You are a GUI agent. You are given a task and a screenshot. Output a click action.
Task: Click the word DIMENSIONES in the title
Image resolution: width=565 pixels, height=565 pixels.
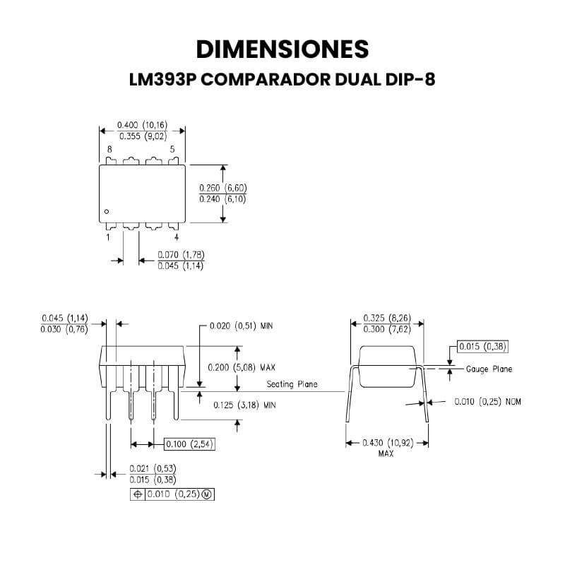(x=282, y=49)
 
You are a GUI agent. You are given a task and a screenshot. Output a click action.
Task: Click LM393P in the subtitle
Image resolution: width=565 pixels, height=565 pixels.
(x=162, y=79)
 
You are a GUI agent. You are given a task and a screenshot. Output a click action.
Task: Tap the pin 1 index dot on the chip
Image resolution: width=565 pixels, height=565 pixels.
(x=107, y=211)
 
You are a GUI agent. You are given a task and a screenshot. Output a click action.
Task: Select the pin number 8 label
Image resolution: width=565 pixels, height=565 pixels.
(x=109, y=149)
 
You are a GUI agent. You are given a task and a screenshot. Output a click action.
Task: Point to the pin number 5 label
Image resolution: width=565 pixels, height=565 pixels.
(x=172, y=149)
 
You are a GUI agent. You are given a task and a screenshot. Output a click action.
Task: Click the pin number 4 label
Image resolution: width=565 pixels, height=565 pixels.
(x=177, y=237)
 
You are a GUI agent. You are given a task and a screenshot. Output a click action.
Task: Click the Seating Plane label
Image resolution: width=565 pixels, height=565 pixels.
(x=292, y=384)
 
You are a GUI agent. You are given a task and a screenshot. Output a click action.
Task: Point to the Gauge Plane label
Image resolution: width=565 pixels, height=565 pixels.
(x=489, y=369)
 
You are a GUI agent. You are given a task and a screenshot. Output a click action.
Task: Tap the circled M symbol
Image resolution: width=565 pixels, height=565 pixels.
(x=207, y=494)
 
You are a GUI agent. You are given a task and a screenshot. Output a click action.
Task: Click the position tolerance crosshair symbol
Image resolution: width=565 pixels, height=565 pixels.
(x=138, y=494)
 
